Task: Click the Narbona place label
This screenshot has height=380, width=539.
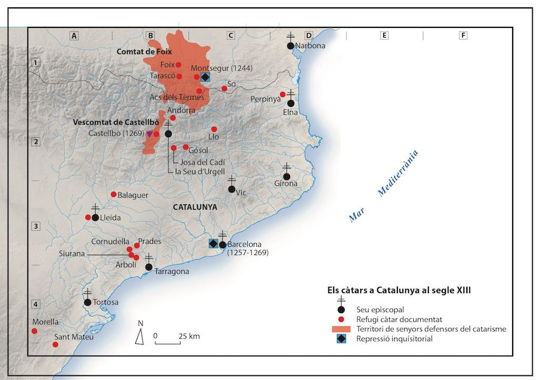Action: (x=311, y=46)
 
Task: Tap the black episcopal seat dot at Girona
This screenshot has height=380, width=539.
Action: (x=286, y=176)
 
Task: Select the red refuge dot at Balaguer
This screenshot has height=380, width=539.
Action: (x=113, y=194)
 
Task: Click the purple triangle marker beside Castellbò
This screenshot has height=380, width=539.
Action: (x=149, y=134)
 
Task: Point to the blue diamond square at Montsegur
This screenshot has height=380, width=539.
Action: (x=205, y=77)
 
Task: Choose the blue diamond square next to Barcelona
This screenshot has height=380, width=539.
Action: (x=213, y=243)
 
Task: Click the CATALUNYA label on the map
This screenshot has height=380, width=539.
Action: (x=195, y=207)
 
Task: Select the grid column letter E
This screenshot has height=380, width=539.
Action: (x=385, y=35)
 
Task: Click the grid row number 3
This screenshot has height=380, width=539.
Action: (x=36, y=226)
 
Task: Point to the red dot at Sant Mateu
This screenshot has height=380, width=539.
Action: (x=55, y=344)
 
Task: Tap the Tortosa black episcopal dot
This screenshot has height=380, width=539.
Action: (x=87, y=302)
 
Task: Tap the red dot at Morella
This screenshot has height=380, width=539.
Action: (x=34, y=331)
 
